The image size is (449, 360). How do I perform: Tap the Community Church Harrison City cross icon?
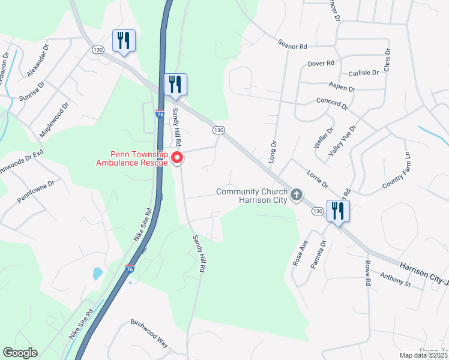pos(296,195)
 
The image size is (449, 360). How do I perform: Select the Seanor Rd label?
pos(292,45)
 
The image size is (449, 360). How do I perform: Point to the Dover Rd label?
pos(320,64)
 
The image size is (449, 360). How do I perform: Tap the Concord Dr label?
pos(332,103)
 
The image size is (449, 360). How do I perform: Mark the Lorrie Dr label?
pos(316,179)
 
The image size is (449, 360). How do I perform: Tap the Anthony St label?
pos(394,279)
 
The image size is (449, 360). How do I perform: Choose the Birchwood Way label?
pos(149,331)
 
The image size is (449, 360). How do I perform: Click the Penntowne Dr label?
pos(35,190)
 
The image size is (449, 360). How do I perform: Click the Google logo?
pos(20,353)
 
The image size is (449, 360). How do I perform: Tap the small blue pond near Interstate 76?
pos(98,274)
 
